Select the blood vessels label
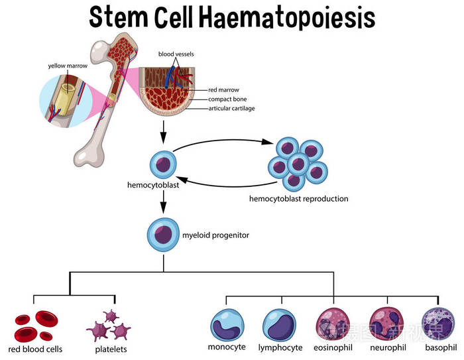point(176,53)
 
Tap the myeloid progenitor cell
point(162,234)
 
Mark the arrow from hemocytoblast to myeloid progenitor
point(162,206)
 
